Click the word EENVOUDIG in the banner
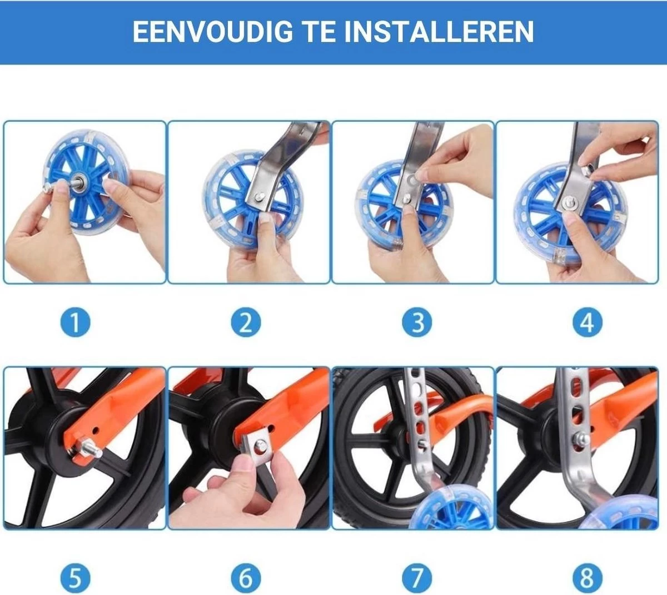[213, 32]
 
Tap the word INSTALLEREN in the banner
[439, 32]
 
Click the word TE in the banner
[318, 32]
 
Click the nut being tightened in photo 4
[586, 170]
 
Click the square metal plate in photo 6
[257, 448]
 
